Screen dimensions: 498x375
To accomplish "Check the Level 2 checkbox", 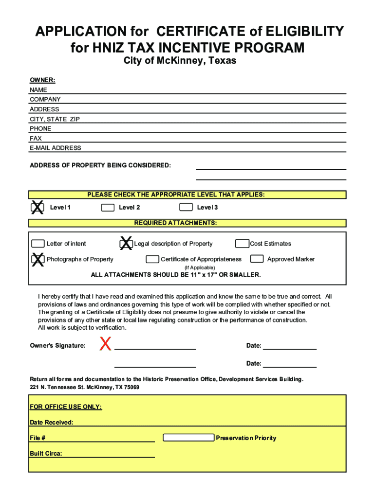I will click(x=108, y=208).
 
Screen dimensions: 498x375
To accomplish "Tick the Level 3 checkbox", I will click(x=186, y=208).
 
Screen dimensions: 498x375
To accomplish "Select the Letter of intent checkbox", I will click(x=37, y=244).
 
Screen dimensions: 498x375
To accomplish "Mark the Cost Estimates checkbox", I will click(x=242, y=244).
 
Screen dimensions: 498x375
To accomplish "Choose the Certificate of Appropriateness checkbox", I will click(x=152, y=259).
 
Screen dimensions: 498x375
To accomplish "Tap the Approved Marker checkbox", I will click(x=257, y=259).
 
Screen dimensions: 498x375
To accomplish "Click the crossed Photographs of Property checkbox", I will click(x=37, y=259).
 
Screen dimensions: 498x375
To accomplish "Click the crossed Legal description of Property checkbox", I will click(x=126, y=243).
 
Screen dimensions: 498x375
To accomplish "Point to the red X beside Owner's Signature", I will click(x=105, y=345).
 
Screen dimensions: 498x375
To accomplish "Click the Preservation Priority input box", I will click(x=188, y=438).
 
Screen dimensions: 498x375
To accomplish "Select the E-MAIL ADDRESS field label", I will click(x=56, y=148).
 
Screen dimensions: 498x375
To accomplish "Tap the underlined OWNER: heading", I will click(x=42, y=80).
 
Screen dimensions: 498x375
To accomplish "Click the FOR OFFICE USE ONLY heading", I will click(x=66, y=407).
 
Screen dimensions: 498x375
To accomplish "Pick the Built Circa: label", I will click(x=46, y=453).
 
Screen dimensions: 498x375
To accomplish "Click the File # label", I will click(x=37, y=438).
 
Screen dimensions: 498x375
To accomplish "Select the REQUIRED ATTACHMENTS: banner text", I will click(x=175, y=223).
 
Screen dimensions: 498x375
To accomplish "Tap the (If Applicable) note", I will click(x=199, y=267).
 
